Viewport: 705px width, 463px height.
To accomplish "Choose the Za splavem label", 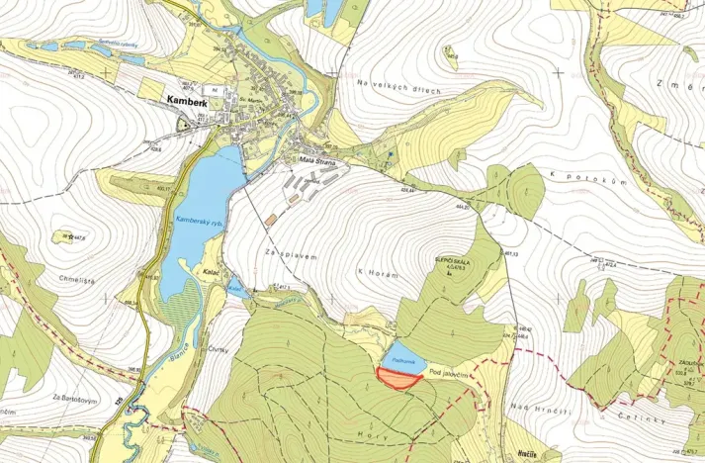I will [290, 254].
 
